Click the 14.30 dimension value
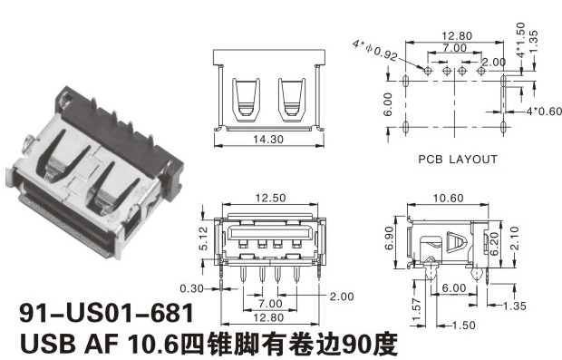coord(268,139)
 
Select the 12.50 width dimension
coord(271,198)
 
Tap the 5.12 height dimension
coord(203,238)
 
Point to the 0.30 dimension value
coord(191,288)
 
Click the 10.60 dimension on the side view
coord(448,198)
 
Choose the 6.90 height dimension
coord(390,238)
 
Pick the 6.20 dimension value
coord(495,243)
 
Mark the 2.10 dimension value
coord(514,238)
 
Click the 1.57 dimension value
coord(416,310)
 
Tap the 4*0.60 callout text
coord(544,112)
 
